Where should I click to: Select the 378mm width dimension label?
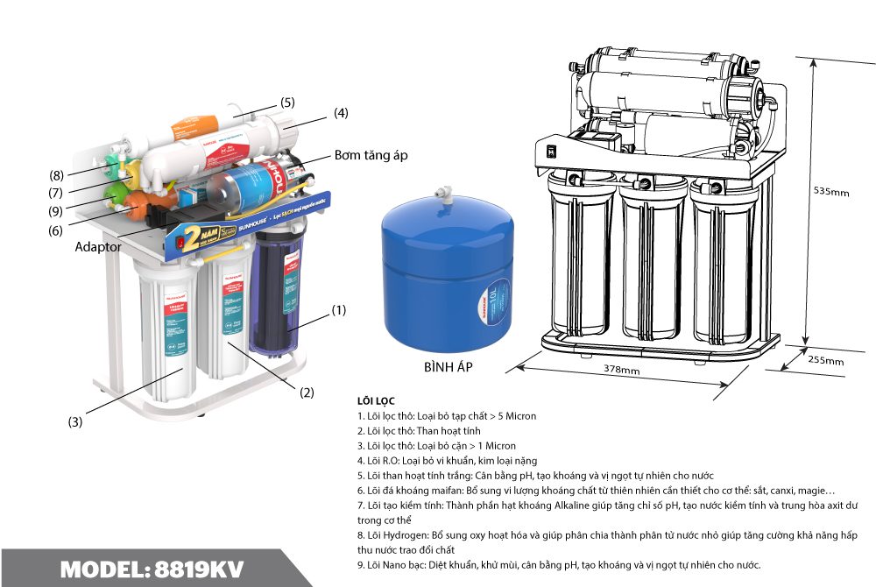[x=621, y=371]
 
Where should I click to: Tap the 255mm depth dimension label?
[x=824, y=360]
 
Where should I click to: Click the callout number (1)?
[x=339, y=310]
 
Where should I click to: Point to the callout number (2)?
[x=307, y=393]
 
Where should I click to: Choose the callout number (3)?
[x=76, y=421]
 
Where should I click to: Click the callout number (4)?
[x=341, y=112]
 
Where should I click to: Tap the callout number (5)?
[x=287, y=102]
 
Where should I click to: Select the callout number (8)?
[x=57, y=173]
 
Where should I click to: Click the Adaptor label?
[x=97, y=247]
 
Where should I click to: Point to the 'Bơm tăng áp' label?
[x=371, y=155]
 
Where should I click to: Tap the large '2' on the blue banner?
[x=188, y=233]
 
